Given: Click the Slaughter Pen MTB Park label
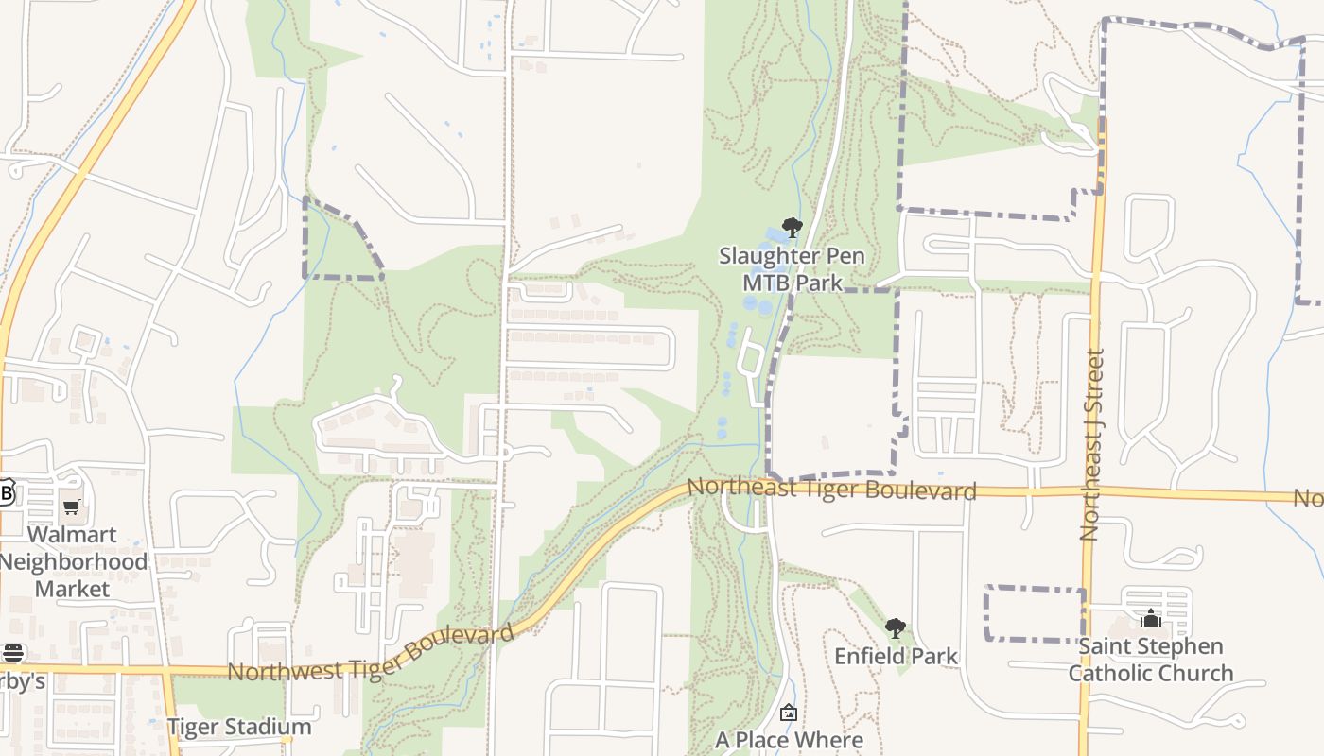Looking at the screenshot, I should pyautogui.click(x=792, y=269).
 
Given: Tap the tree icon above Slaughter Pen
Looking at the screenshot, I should pyautogui.click(x=793, y=228).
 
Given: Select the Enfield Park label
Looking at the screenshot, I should pyautogui.click(x=896, y=656).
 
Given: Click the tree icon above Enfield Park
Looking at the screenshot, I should pyautogui.click(x=896, y=627).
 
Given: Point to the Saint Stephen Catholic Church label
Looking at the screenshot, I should pyautogui.click(x=1151, y=660).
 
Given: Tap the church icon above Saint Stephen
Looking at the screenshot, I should pyautogui.click(x=1151, y=618).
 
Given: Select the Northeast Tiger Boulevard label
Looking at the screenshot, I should pyautogui.click(x=831, y=489).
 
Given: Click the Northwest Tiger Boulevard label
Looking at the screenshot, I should pyautogui.click(x=372, y=654).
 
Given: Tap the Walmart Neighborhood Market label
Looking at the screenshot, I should pyautogui.click(x=73, y=561).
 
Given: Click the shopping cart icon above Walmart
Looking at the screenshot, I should pyautogui.click(x=72, y=507).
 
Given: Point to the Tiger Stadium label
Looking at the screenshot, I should pyautogui.click(x=239, y=727).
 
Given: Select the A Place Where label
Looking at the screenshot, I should pyautogui.click(x=789, y=740).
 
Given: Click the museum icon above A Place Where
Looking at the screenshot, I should pyautogui.click(x=789, y=713).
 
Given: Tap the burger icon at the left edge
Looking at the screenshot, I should pyautogui.click(x=12, y=652).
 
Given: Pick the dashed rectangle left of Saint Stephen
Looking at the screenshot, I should pyautogui.click(x=1034, y=613).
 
